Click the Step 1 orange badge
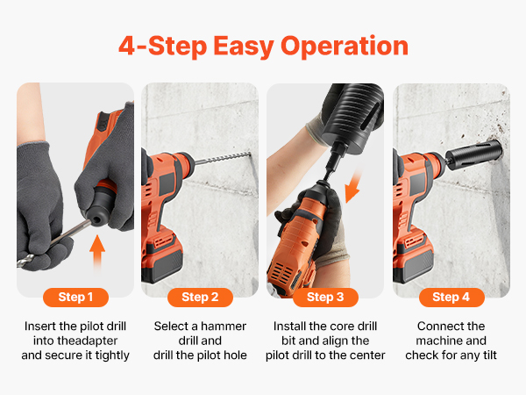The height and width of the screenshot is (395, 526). [75, 298]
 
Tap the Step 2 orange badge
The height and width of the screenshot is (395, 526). [200, 298]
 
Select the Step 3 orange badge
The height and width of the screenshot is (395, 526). [325, 298]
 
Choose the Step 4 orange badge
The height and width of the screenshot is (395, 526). [451, 298]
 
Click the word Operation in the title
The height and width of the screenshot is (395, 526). [345, 47]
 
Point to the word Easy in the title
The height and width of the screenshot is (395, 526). [244, 47]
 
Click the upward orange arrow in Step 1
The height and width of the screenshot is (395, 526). [97, 252]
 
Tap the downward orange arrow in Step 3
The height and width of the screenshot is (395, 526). [354, 186]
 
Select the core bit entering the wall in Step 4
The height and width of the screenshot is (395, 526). [474, 155]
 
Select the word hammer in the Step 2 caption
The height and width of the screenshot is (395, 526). [224, 327]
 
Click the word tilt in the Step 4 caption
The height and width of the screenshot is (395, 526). [489, 355]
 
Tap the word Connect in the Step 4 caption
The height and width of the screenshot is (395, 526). [435, 327]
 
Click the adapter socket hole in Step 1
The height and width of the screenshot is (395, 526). [96, 220]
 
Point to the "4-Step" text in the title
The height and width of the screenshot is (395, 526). [163, 47]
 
